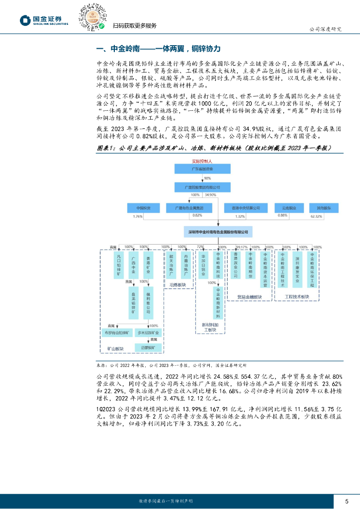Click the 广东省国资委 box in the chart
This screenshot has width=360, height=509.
[x=202, y=169]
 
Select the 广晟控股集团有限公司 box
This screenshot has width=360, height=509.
[x=202, y=187]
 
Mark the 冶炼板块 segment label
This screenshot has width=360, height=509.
[x=178, y=285]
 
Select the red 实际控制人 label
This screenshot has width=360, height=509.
[x=202, y=162]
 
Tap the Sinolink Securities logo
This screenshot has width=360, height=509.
[x=44, y=20]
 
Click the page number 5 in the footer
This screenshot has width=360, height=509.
[x=346, y=500]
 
